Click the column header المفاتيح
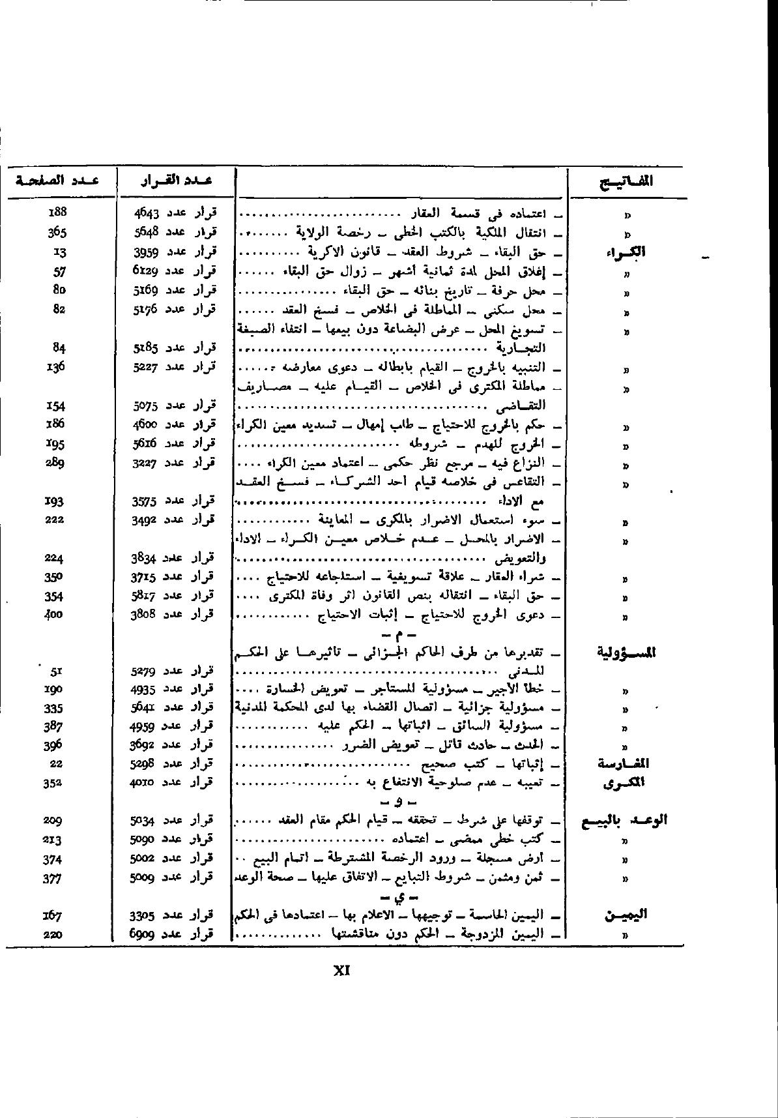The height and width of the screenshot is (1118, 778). pyautogui.click(x=626, y=181)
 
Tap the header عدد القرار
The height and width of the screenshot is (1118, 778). pyautogui.click(x=176, y=181)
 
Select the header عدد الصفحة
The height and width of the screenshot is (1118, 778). pyautogui.click(x=57, y=180)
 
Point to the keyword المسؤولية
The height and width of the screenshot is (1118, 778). pyautogui.click(x=626, y=652)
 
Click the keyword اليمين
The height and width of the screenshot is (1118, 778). pyautogui.click(x=626, y=915)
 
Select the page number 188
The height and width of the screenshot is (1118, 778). pyautogui.click(x=58, y=212)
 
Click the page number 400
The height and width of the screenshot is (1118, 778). pyautogui.click(x=53, y=614)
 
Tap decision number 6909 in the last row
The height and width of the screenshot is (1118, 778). pyautogui.click(x=143, y=935)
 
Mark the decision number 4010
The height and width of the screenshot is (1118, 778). pyautogui.click(x=143, y=782)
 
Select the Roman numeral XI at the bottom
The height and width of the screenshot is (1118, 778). pyautogui.click(x=342, y=971)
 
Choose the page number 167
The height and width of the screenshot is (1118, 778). pyautogui.click(x=53, y=915)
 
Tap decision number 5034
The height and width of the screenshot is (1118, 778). pyautogui.click(x=143, y=820)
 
